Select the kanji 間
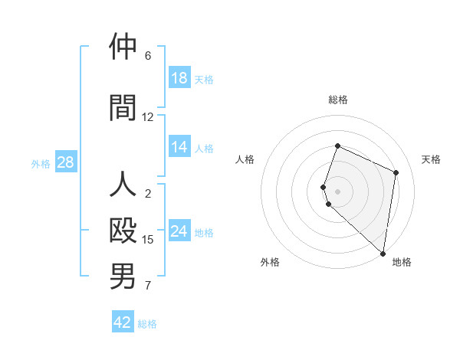tap(123, 107)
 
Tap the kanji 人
tap(123, 185)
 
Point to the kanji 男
tap(123, 277)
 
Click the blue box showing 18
tap(179, 78)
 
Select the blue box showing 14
tap(179, 147)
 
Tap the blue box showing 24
tap(179, 231)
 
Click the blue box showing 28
tap(64, 162)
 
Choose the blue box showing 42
tap(123, 322)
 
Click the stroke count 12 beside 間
tap(148, 117)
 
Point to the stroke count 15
tap(148, 240)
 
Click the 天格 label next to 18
tap(204, 79)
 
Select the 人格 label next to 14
tap(204, 148)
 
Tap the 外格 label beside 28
tap(41, 163)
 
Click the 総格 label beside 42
tap(147, 323)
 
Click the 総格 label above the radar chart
tap(338, 100)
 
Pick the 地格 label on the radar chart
tap(402, 262)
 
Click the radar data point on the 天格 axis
tap(396, 172)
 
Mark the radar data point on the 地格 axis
tap(383, 254)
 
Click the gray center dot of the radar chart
tap(338, 191)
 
